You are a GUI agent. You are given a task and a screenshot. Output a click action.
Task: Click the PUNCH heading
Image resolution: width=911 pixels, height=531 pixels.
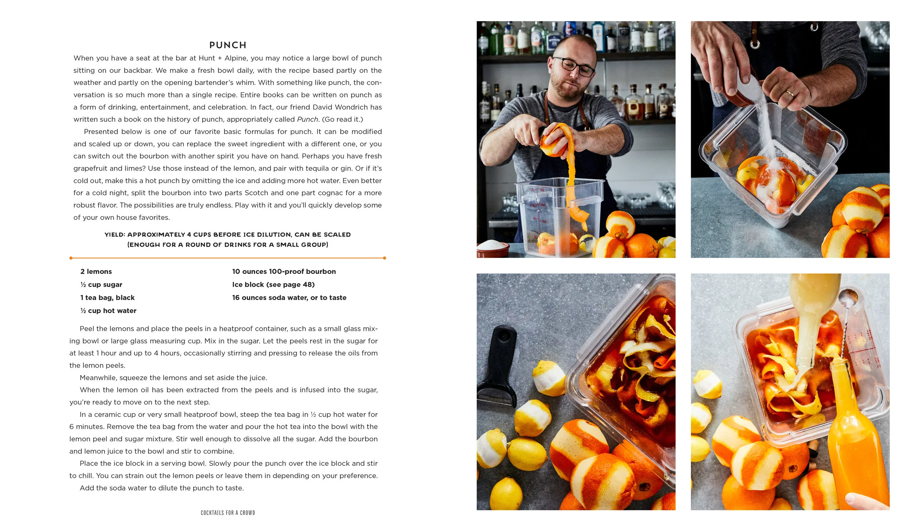pyautogui.click(x=228, y=45)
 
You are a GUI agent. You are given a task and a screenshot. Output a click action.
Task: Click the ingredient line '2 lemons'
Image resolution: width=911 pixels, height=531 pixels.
pyautogui.click(x=96, y=272)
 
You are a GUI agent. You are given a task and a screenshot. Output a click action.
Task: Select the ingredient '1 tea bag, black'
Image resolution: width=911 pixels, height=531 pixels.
pyautogui.click(x=107, y=298)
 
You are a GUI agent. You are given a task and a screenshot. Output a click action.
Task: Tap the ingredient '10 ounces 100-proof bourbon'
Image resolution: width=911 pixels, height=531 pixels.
pyautogui.click(x=284, y=272)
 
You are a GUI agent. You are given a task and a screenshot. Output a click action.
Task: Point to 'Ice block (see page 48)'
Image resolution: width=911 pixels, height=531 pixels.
pyautogui.click(x=273, y=285)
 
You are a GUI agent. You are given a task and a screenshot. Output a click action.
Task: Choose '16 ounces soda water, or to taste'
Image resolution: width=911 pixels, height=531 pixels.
pyautogui.click(x=289, y=298)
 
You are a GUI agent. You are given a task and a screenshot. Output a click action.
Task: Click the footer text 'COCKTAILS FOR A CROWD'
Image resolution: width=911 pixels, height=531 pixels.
pyautogui.click(x=228, y=513)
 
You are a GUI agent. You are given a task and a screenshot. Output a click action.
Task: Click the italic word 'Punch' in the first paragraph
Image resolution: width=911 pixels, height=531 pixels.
pyautogui.click(x=307, y=120)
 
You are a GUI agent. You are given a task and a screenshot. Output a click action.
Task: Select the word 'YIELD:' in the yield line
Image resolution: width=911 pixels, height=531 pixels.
pyautogui.click(x=115, y=235)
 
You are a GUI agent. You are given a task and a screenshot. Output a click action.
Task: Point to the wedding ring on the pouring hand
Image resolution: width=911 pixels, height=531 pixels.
pyautogui.click(x=790, y=93)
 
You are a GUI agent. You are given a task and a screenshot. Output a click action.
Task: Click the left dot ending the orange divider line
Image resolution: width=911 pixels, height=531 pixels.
pyautogui.click(x=71, y=258)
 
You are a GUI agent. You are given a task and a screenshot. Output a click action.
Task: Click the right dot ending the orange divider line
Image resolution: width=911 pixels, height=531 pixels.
pyautogui.click(x=384, y=258)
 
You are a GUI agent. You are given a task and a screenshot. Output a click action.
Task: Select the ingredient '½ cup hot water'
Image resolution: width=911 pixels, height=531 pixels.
pyautogui.click(x=108, y=311)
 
